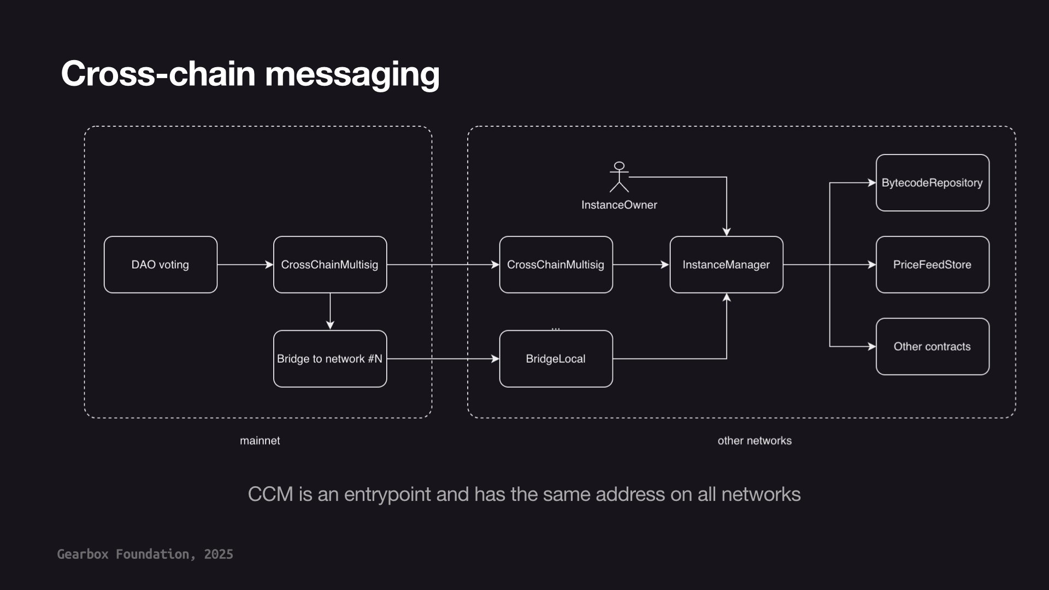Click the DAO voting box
160,264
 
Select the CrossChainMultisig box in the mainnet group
329,264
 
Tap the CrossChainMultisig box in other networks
556,264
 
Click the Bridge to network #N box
329,359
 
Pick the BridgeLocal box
556,359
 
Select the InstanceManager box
726,264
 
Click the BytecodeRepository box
932,182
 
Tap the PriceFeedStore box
932,264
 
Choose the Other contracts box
932,346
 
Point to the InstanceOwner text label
619,205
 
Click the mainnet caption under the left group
260,440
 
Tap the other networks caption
754,440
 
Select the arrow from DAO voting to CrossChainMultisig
245,264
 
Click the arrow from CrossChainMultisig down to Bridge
330,311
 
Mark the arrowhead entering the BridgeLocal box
495,359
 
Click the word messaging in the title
352,74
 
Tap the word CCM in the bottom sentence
270,494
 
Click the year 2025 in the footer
219,554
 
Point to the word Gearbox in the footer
82,554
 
